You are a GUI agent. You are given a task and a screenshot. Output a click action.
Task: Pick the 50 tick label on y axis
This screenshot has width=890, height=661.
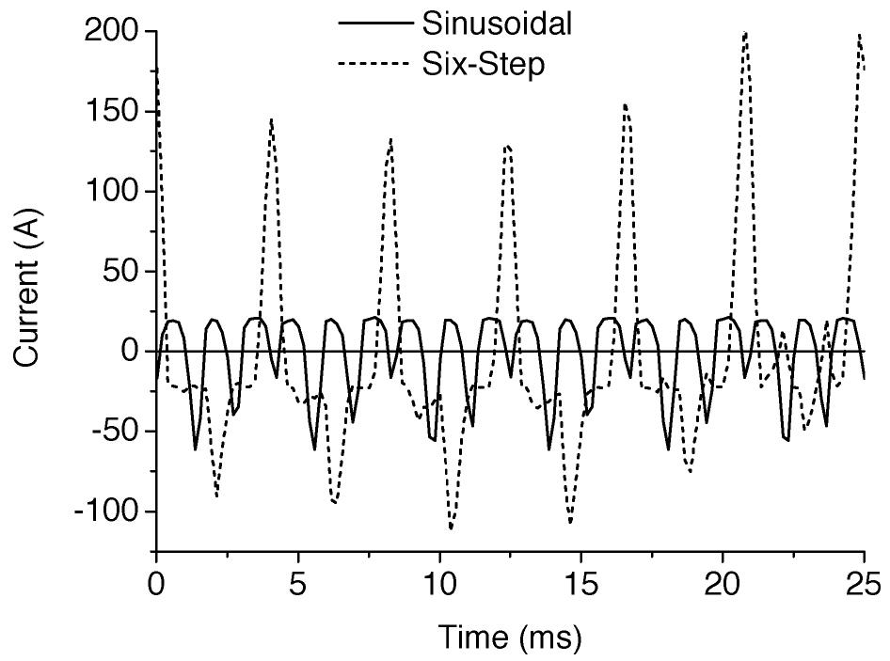click(121, 272)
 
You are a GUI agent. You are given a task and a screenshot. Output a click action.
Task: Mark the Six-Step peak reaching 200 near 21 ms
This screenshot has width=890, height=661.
click(745, 34)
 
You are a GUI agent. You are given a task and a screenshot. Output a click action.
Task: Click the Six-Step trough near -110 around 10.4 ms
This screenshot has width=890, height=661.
click(452, 527)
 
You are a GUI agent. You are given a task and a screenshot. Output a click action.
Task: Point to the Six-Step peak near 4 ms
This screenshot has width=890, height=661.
click(271, 120)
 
